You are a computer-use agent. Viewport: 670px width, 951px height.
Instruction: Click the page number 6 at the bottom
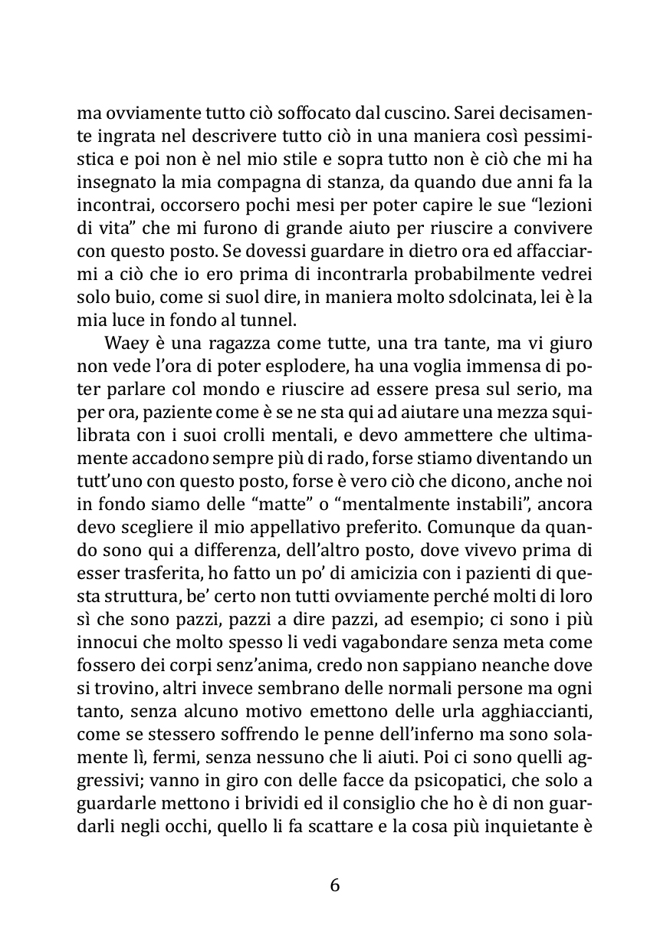pyautogui.click(x=334, y=886)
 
